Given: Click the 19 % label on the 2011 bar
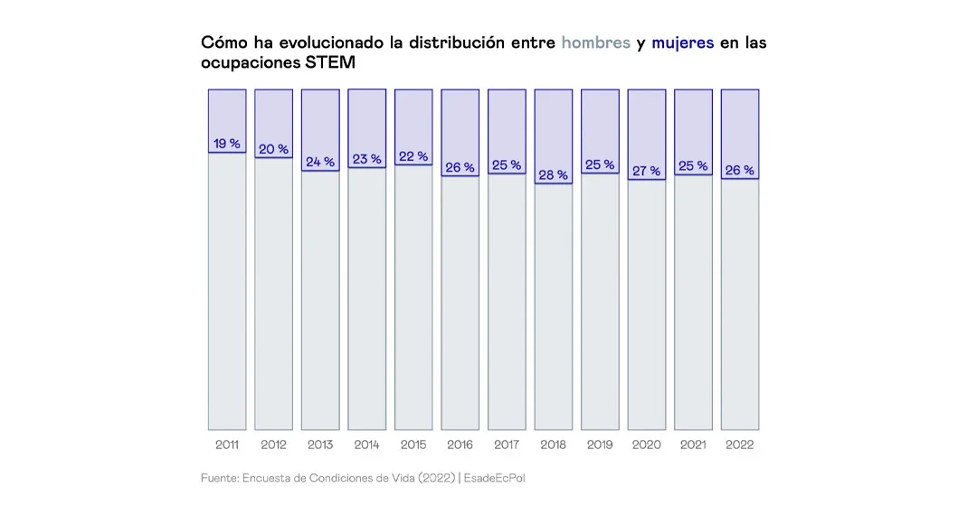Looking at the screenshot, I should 227,144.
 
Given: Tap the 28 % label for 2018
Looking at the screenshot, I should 554,174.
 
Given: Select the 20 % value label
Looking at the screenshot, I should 273,149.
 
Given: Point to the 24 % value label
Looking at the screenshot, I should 320,162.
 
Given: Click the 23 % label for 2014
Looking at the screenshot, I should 366,159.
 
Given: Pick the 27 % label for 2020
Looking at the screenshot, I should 646,171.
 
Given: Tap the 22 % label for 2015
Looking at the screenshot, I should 413,156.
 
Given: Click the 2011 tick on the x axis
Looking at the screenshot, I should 227,445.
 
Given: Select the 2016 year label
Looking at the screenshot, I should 460,445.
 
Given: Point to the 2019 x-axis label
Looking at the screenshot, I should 600,445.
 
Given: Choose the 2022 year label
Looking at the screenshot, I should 739,445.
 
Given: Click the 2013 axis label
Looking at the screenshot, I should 320,445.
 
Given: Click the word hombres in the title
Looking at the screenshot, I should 595,42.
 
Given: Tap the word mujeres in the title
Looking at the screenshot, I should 682,42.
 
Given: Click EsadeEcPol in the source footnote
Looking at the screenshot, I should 495,477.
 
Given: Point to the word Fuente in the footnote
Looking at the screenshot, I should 219,477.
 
